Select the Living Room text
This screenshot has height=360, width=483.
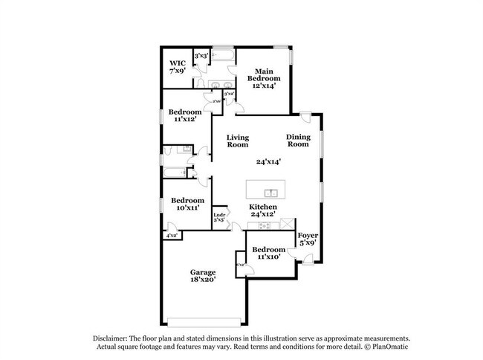[238, 141]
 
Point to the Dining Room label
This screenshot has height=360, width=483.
[298, 141]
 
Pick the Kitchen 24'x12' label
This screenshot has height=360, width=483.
[263, 210]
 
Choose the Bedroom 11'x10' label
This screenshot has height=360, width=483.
[268, 253]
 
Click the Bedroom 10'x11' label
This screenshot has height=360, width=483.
[187, 205]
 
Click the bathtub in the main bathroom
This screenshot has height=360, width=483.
[222, 56]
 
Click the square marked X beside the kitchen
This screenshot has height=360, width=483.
[288, 225]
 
